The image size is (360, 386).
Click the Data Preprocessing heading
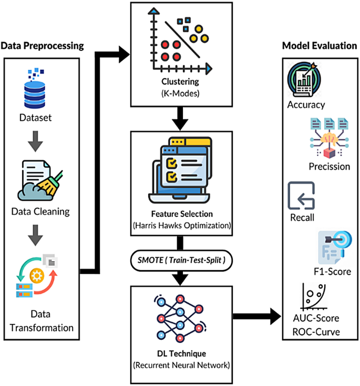point(42,46)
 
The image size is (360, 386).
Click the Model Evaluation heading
point(320,46)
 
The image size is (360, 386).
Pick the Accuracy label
point(306,105)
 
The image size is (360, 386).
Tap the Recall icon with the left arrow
point(301,195)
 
